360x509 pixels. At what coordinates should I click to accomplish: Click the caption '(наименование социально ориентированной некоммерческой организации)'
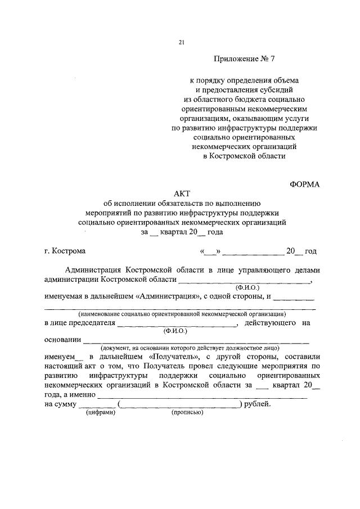182,314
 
